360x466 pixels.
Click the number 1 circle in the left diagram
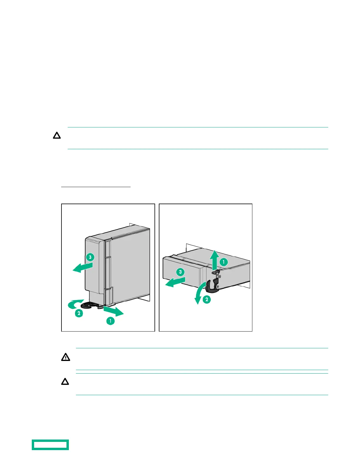point(110,321)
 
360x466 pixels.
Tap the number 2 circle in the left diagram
point(79,313)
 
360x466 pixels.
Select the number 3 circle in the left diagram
point(90,257)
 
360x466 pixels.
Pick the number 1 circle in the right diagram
point(224,262)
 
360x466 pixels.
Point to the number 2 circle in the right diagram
point(207,299)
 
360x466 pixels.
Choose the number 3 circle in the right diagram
point(180,272)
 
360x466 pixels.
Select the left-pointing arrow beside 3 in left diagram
point(82,267)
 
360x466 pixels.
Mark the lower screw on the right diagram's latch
point(217,286)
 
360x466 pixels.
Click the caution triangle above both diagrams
point(57,136)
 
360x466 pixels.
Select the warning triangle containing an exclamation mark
point(66,357)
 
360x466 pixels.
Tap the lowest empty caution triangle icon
point(65,382)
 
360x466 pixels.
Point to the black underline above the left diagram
point(96,187)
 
